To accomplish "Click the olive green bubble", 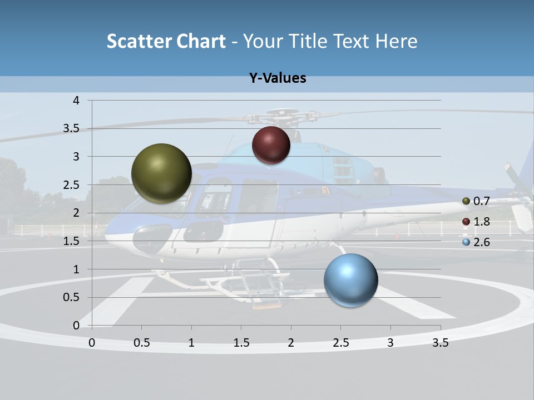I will pos(161,173).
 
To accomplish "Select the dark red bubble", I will pos(271,145).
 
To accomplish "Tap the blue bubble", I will pos(350,280).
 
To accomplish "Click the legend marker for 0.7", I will pos(466,201).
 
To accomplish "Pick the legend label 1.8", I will pos(482,222).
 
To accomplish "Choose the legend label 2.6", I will pos(482,242).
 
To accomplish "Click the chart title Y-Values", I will pos(278,78).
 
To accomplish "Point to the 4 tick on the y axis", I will pos(76,101).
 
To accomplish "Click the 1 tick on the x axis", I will pos(191,343).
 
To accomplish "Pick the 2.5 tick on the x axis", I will pos(340,343).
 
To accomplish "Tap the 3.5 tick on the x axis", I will pos(440,343).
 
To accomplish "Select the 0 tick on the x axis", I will pos(92,343).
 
